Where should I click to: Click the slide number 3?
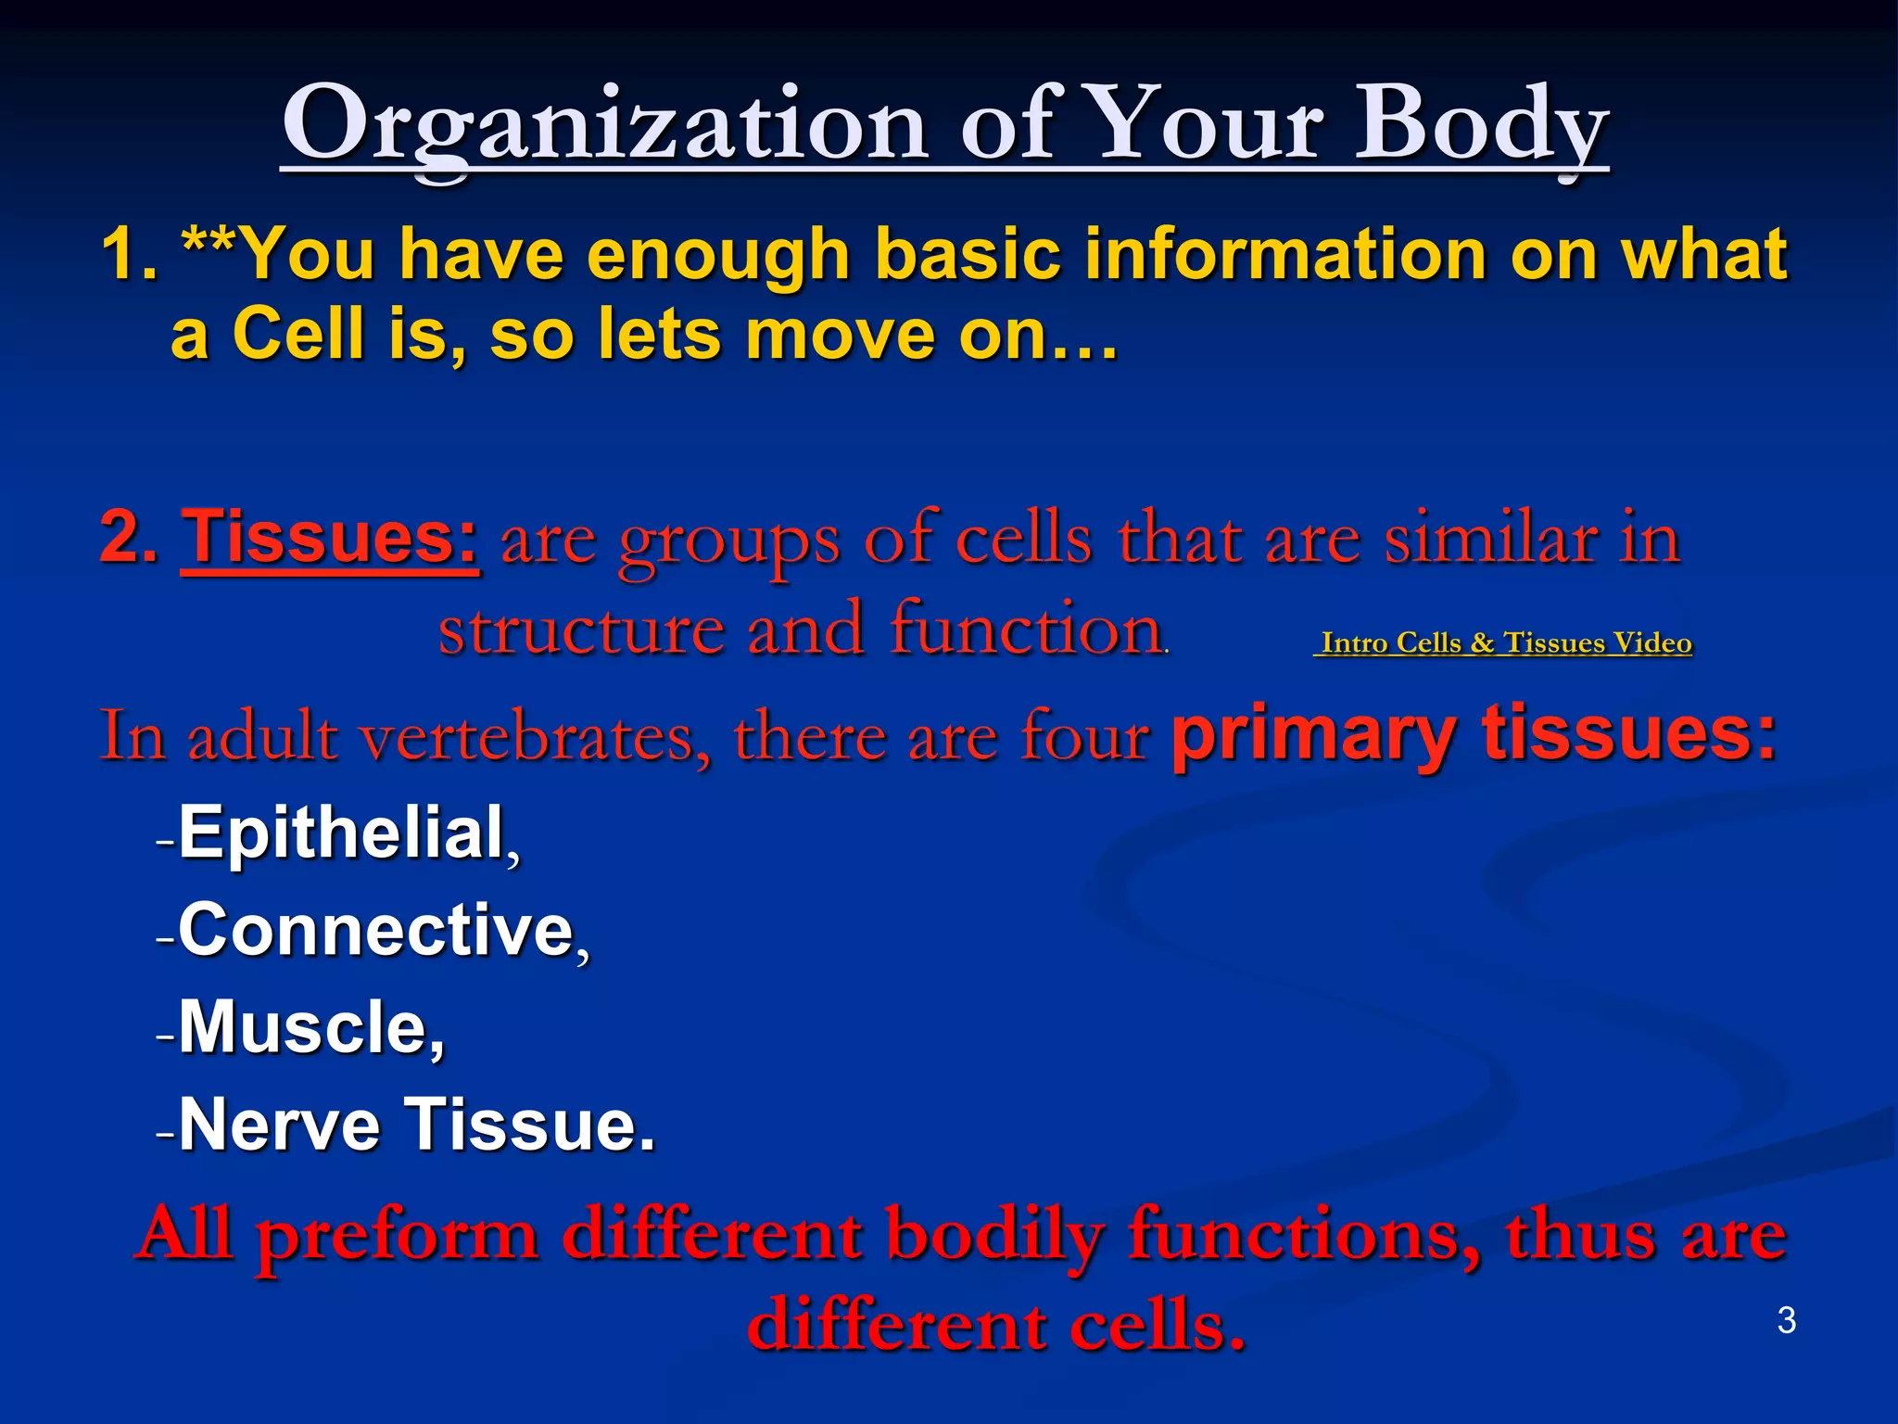[x=1786, y=1320]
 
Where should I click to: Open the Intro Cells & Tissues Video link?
[x=1503, y=642]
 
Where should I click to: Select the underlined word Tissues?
[x=330, y=538]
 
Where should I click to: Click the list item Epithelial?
[x=341, y=833]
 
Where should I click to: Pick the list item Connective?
[x=375, y=930]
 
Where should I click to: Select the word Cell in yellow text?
[x=297, y=334]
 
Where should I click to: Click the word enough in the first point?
[x=718, y=255]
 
